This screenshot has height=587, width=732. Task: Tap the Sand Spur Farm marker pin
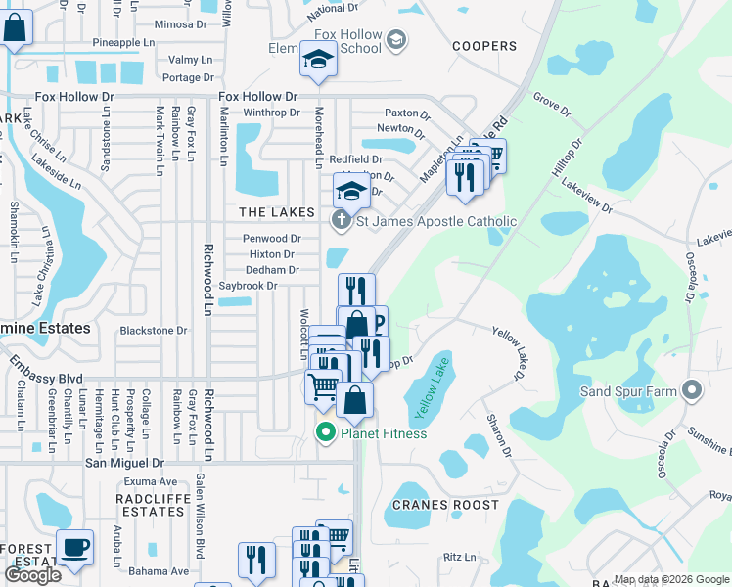tap(693, 390)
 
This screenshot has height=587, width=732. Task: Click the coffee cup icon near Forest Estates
tap(74, 548)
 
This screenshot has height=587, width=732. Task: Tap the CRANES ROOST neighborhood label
tap(445, 505)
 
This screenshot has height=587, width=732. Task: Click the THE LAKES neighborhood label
tap(278, 212)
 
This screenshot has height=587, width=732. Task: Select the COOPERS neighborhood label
tap(484, 46)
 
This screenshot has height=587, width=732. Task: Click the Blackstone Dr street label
tap(153, 331)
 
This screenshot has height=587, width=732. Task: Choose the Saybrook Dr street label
tap(249, 286)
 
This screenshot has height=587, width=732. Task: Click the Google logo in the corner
tap(33, 575)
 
